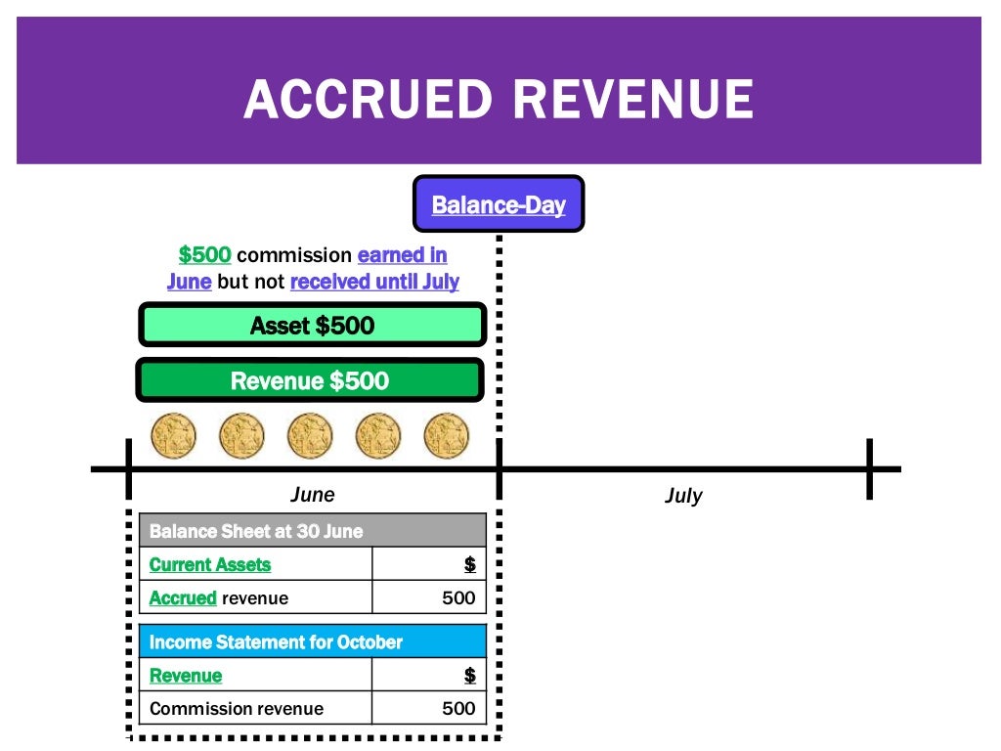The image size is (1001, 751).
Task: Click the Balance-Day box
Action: click(499, 204)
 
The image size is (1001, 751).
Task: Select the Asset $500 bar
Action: click(312, 326)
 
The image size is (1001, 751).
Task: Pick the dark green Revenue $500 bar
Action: click(310, 380)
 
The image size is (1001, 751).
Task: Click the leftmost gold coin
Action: click(174, 435)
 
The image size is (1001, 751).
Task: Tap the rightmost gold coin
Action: click(446, 435)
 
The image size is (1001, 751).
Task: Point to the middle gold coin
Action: click(310, 435)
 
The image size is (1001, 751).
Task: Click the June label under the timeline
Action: click(312, 494)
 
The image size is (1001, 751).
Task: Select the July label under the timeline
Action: click(683, 496)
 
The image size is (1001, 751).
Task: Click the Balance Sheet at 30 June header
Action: click(312, 531)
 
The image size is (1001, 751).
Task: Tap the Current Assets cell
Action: click(210, 564)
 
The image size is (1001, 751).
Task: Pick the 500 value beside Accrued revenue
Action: click(457, 597)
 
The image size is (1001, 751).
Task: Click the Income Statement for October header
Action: click(312, 642)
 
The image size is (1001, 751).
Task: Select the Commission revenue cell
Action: click(237, 709)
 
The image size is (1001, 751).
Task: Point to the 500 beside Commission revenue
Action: click(457, 709)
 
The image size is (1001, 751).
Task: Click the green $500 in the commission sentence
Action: click(204, 255)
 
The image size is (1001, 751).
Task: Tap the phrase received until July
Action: click(374, 282)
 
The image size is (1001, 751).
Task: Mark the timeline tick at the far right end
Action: click(868, 469)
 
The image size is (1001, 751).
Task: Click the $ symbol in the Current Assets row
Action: click(469, 564)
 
